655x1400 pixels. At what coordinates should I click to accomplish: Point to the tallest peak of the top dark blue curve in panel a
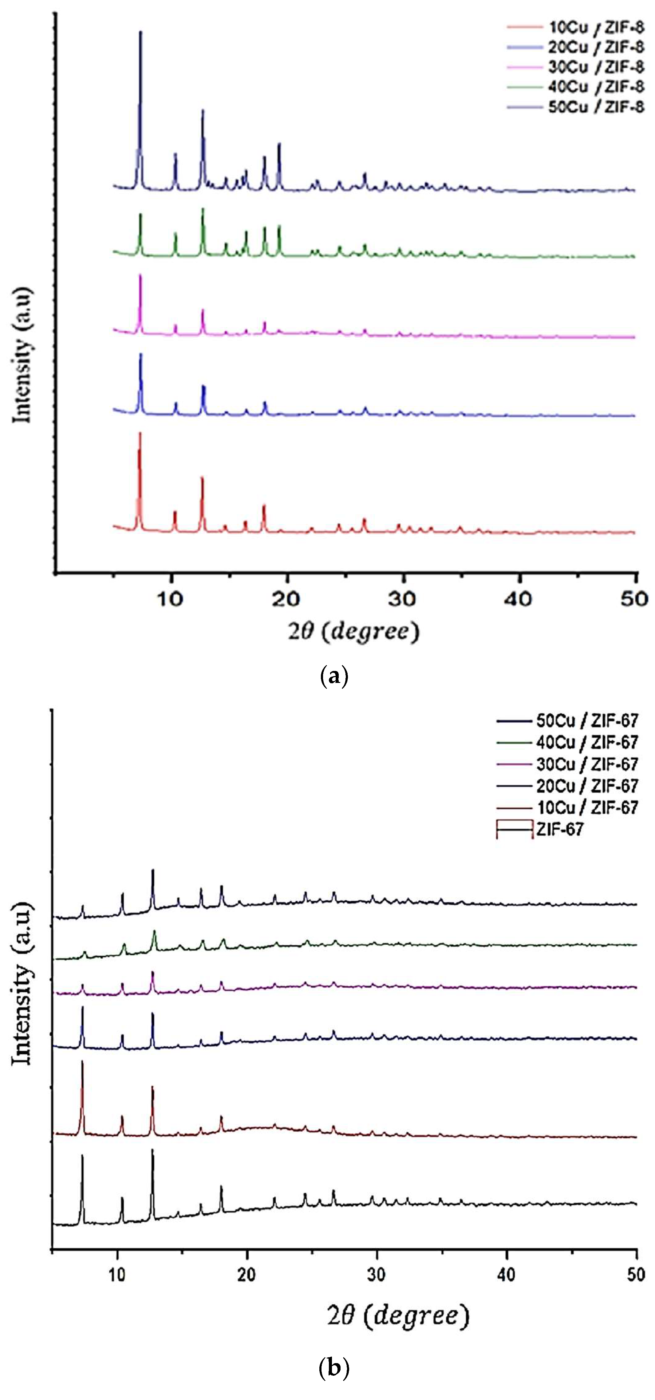141,33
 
